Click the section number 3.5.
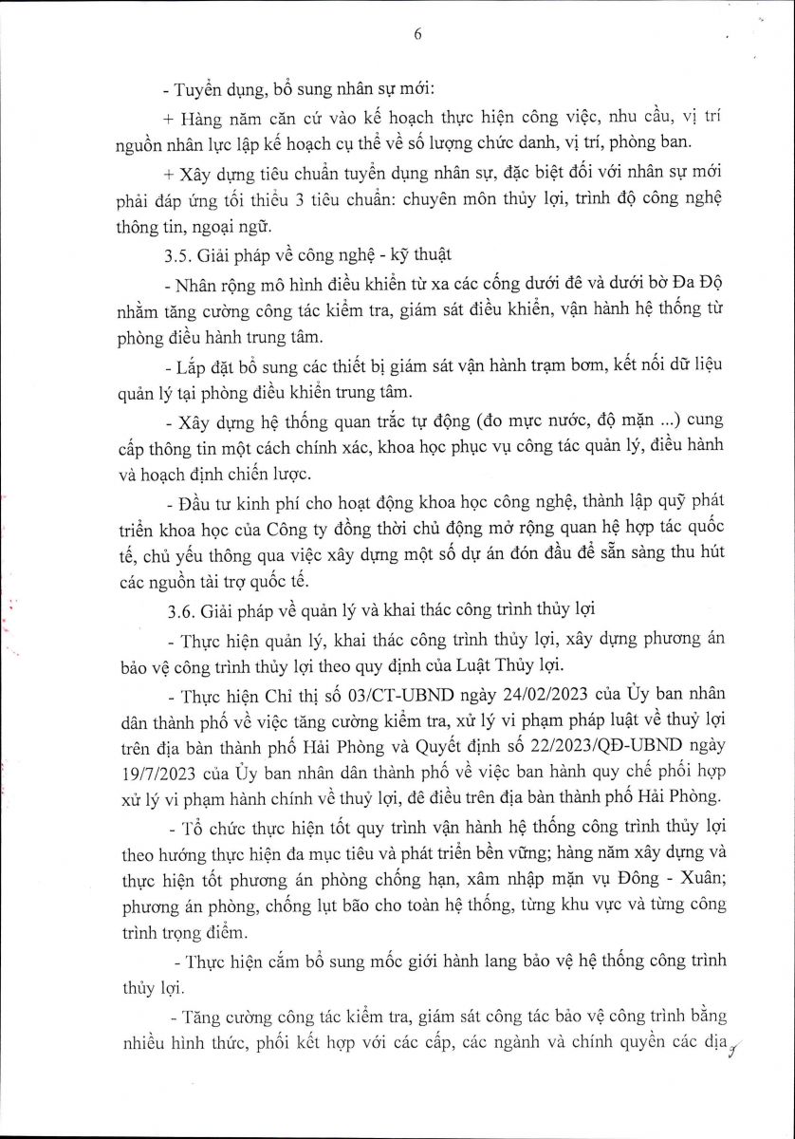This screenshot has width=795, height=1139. [x=176, y=254]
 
